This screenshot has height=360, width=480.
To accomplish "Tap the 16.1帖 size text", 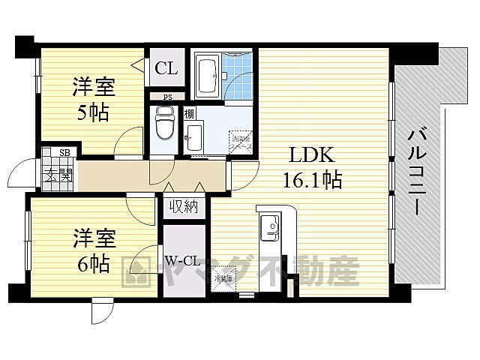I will coord(312,180).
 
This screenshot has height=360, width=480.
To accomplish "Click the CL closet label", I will coord(166,68).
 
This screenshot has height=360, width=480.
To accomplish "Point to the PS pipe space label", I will coord(166,96).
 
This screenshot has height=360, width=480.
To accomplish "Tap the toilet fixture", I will coord(163,124).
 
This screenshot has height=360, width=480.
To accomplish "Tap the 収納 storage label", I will coord(182,207).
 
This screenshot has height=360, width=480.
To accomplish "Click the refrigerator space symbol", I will coord(222,278).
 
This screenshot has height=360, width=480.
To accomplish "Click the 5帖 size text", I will coord(93,112).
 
